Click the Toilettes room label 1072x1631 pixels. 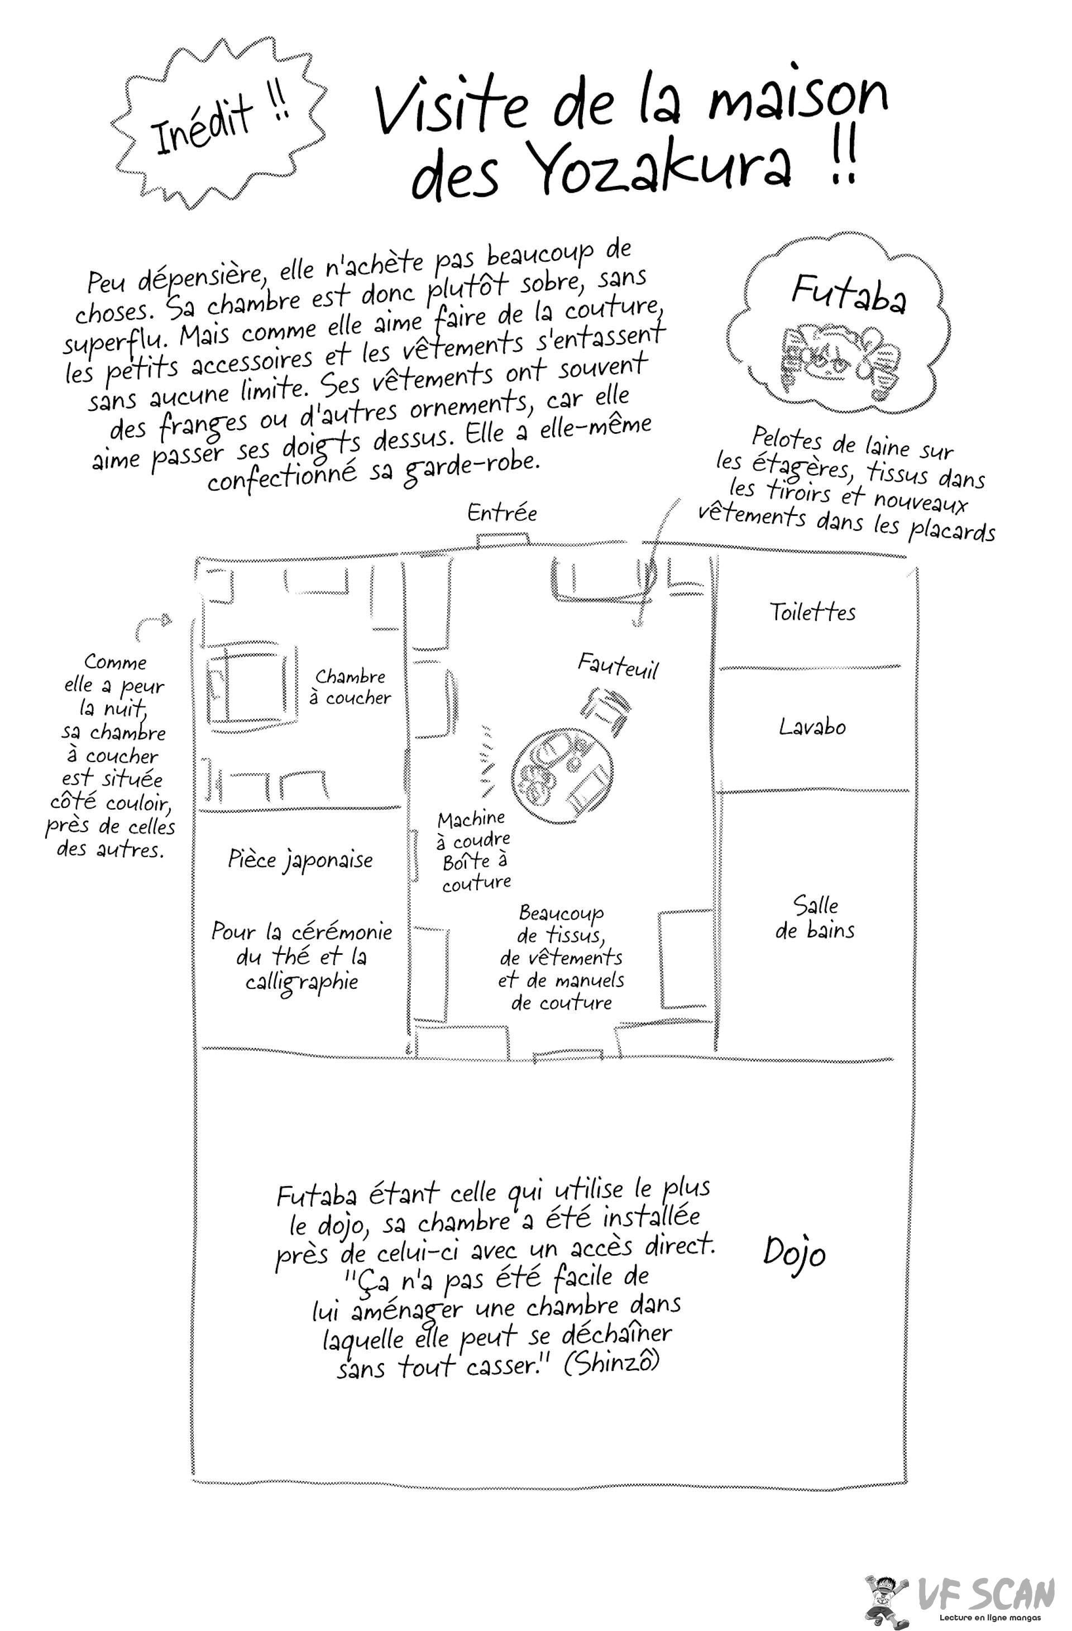[x=812, y=611]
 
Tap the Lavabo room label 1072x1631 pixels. [x=812, y=726]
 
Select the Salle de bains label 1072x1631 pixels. [x=815, y=917]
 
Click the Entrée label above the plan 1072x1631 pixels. [x=502, y=513]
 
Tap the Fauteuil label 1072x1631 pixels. [x=618, y=666]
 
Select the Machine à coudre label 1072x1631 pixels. [x=473, y=829]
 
